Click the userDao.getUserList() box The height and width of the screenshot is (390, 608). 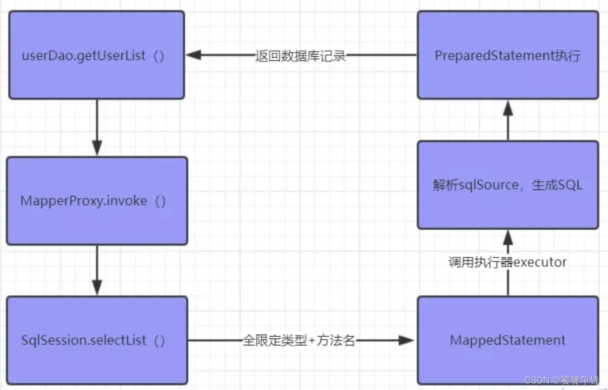pyautogui.click(x=97, y=55)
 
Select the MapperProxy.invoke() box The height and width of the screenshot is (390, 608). pyautogui.click(x=97, y=200)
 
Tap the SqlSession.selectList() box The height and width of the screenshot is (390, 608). pyautogui.click(x=97, y=341)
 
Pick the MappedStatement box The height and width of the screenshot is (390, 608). pyautogui.click(x=507, y=341)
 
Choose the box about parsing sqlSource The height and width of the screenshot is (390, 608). pyautogui.click(x=507, y=185)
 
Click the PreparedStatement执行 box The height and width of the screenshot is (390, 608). pyautogui.click(x=507, y=55)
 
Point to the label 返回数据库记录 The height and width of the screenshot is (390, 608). pyautogui.click(x=301, y=55)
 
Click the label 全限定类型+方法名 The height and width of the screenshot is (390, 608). pyautogui.click(x=299, y=341)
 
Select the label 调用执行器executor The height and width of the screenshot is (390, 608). pyautogui.click(x=507, y=262)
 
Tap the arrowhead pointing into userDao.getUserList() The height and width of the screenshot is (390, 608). pyautogui.click(x=193, y=55)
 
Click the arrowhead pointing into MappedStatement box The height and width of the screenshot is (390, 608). pyautogui.click(x=406, y=341)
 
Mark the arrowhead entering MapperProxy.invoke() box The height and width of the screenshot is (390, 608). pyautogui.click(x=97, y=148)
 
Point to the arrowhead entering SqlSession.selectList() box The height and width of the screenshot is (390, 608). pyautogui.click(x=97, y=288)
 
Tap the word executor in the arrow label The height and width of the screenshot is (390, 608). pyautogui.click(x=540, y=262)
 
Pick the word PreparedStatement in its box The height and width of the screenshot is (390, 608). pyautogui.click(x=493, y=55)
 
